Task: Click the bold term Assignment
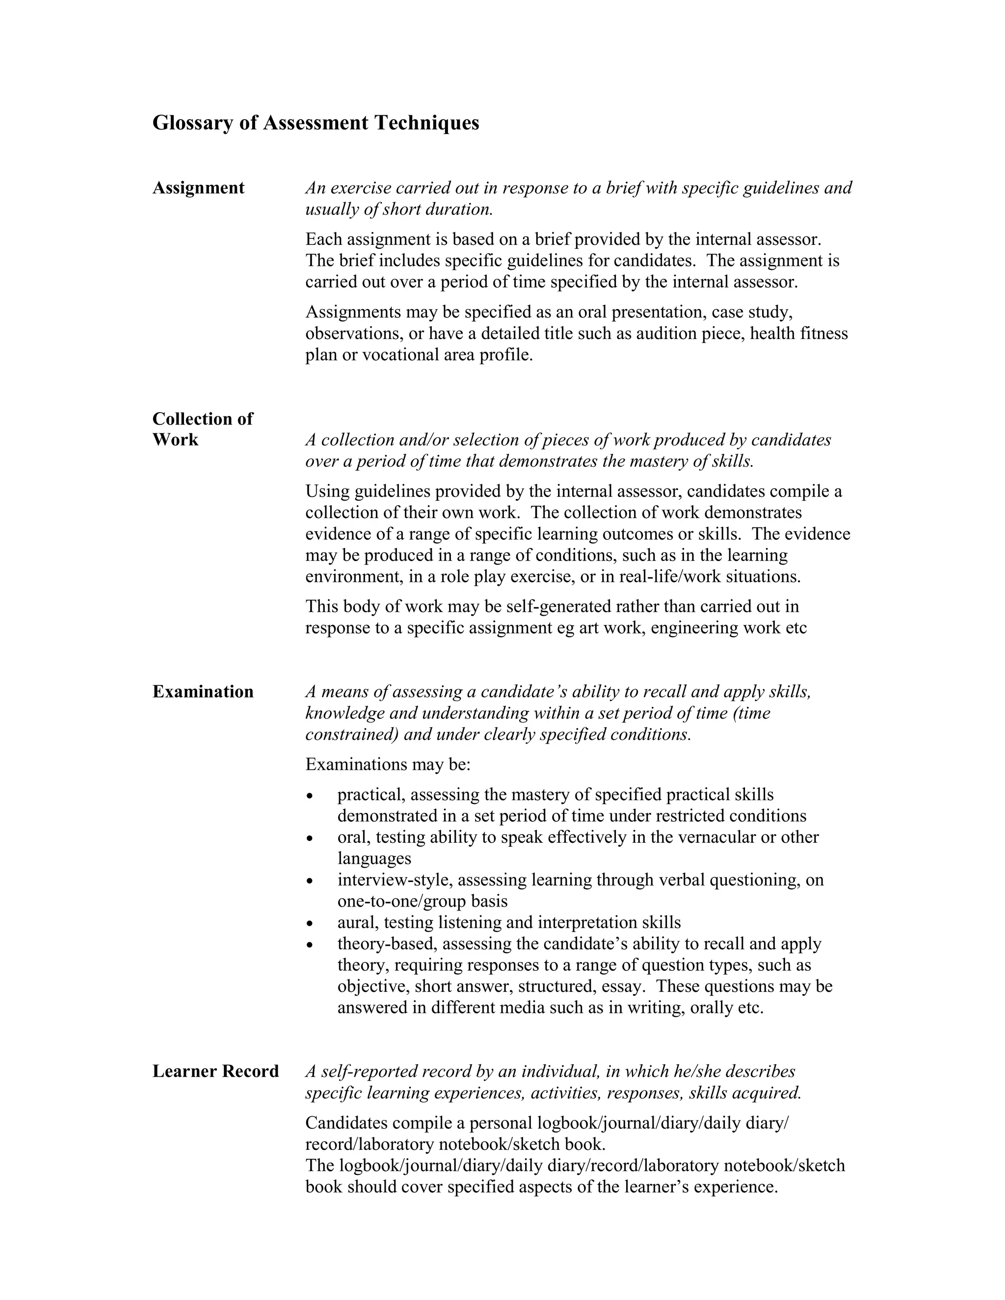198,188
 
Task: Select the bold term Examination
203,692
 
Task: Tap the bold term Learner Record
215,1071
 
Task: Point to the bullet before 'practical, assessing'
309,796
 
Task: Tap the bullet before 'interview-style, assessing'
309,882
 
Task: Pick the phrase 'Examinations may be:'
388,764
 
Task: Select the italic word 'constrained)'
351,734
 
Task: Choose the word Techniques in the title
426,123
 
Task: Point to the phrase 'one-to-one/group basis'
422,901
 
